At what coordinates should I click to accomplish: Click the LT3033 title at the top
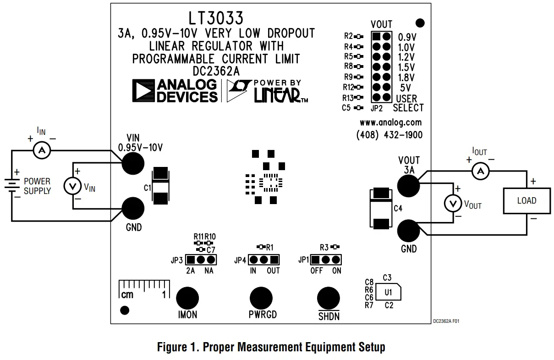[216, 18]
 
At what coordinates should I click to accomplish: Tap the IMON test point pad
[187, 298]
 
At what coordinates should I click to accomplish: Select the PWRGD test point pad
[261, 298]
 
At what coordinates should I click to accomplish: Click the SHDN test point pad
[329, 298]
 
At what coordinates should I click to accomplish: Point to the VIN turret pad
[132, 163]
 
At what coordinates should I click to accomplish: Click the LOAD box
[527, 201]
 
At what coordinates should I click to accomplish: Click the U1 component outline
[388, 292]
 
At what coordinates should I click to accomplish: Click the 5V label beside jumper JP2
[405, 88]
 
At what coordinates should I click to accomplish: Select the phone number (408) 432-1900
[389, 135]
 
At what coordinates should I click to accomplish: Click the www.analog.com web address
[390, 122]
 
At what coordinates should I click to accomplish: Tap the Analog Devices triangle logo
[143, 90]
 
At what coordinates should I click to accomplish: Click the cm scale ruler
[143, 289]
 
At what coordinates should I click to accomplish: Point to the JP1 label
[303, 260]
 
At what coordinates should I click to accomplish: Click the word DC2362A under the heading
[216, 71]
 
